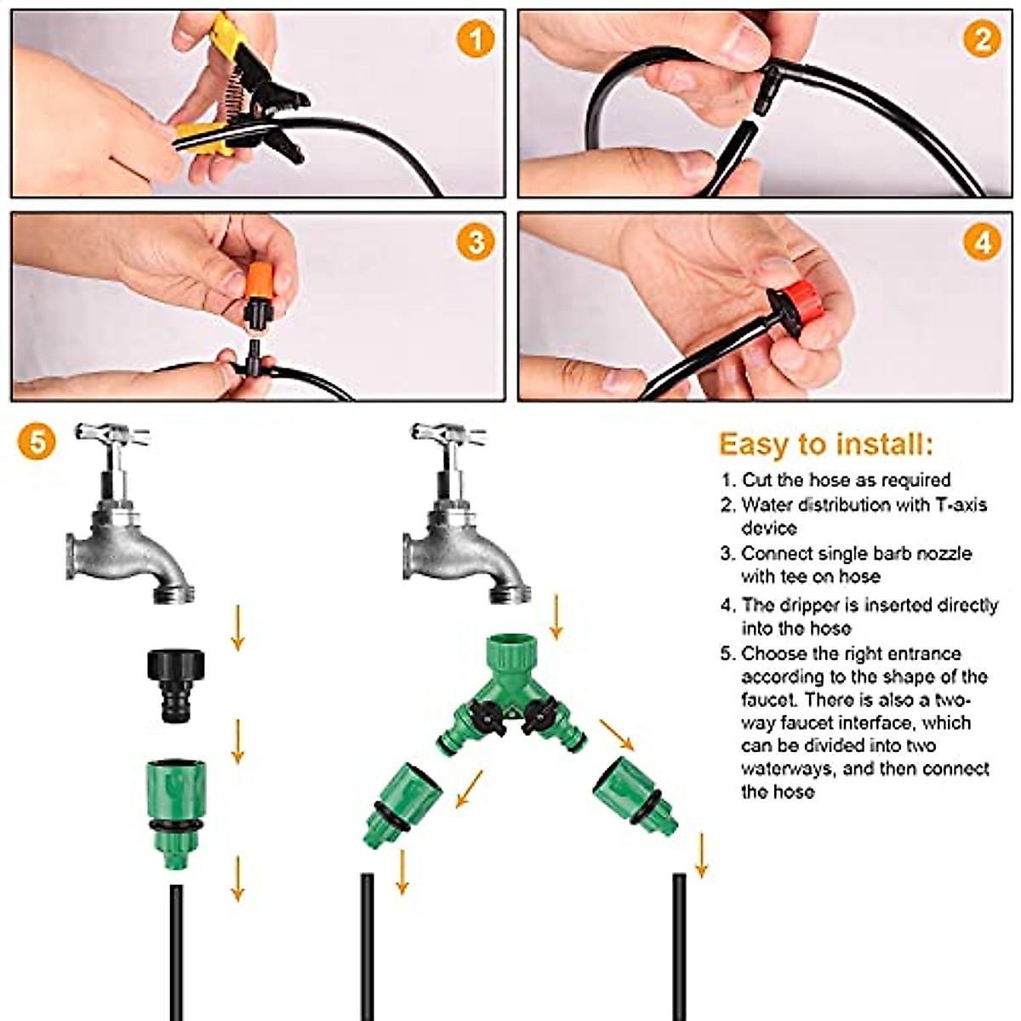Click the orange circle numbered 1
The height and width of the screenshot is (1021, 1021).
coord(475,39)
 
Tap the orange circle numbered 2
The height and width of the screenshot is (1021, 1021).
coord(982,39)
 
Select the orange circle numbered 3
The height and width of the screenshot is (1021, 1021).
coord(475,242)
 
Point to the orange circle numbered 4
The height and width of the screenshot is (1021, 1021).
coord(982,242)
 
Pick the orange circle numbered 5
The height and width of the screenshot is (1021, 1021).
coord(36,442)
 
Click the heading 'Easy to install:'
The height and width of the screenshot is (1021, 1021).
coord(825,444)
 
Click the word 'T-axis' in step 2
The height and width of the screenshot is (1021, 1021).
coord(961,505)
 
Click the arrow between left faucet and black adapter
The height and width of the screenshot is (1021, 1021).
coord(238,628)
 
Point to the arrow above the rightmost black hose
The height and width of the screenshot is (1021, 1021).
coord(701,854)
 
